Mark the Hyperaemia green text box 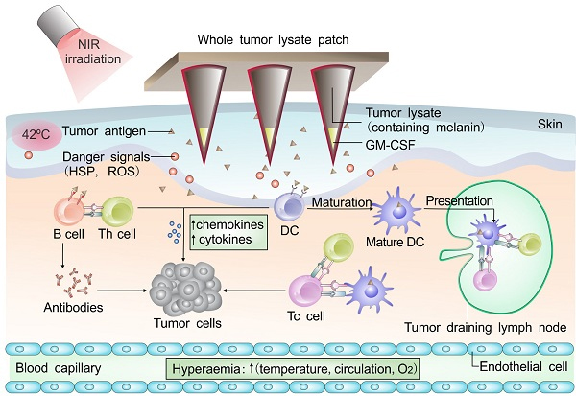(x=294, y=368)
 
